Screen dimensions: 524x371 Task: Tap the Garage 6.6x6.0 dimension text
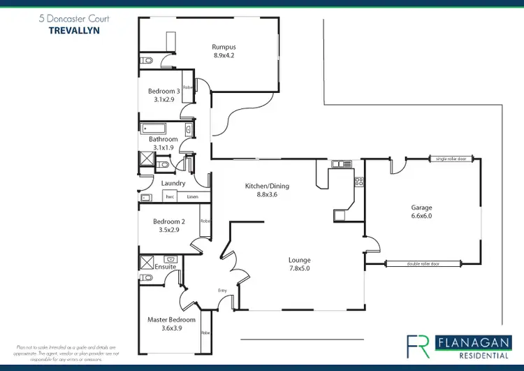(421, 216)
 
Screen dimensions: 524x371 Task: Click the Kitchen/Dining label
(267, 186)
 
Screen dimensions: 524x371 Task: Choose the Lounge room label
(300, 260)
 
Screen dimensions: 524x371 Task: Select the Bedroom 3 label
(163, 92)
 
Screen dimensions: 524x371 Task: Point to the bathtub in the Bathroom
(152, 129)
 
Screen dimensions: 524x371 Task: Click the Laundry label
(173, 183)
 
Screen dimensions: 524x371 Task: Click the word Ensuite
(166, 267)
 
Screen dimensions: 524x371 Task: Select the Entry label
(223, 290)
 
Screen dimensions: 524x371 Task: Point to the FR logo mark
(418, 346)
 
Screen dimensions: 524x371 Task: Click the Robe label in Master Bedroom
(206, 334)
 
